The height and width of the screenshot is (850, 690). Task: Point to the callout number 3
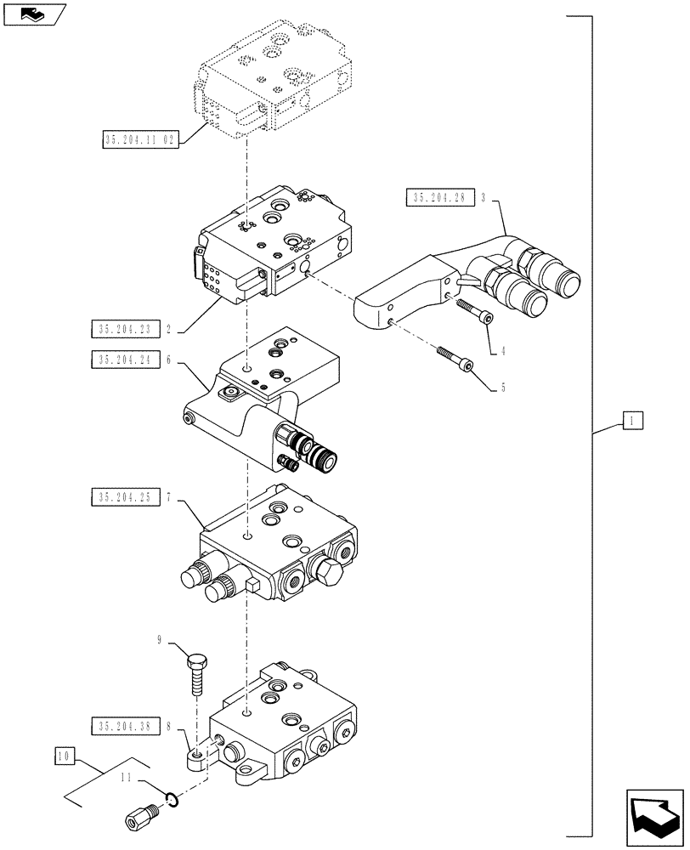coord(483,199)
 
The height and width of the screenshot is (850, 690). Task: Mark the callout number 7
coord(170,496)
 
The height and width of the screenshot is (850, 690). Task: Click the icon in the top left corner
coord(31,14)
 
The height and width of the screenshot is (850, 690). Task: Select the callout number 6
coord(170,360)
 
